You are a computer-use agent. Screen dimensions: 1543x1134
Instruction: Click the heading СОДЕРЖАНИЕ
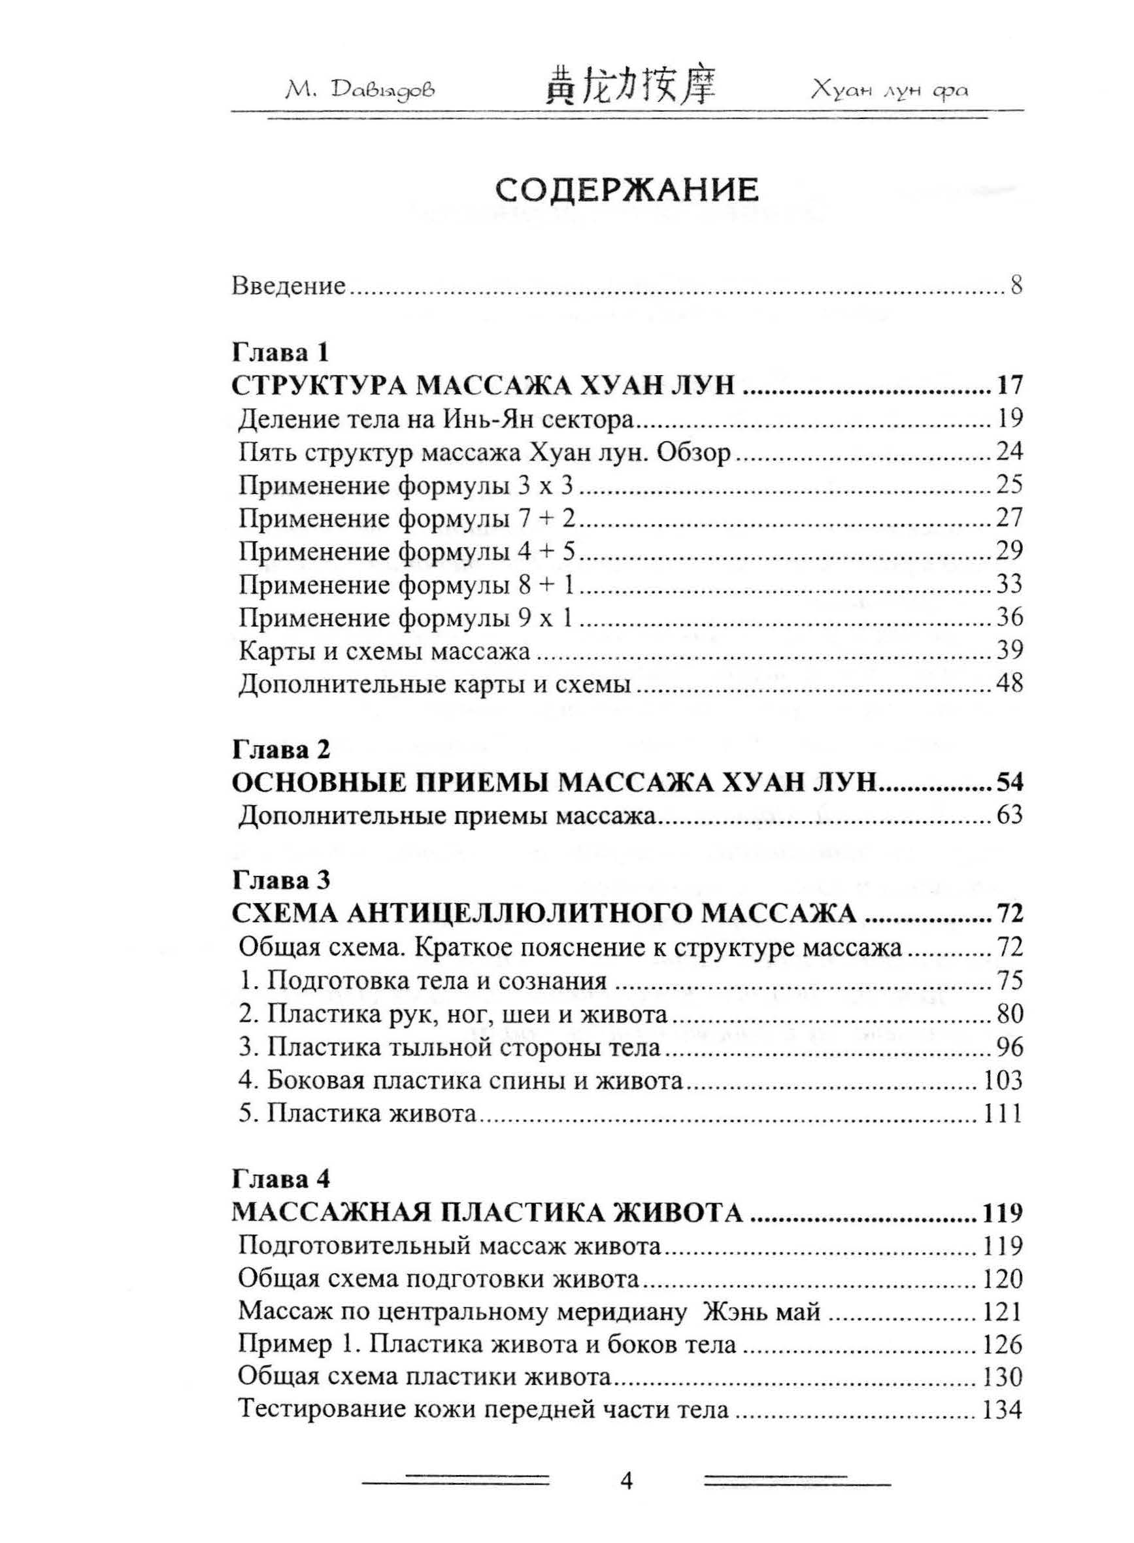627,191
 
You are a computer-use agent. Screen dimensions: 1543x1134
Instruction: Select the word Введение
288,285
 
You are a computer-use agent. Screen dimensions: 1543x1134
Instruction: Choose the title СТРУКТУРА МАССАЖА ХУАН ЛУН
483,386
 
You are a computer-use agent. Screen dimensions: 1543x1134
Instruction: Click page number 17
1009,386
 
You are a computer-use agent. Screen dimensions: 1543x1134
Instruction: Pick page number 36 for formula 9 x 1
1009,618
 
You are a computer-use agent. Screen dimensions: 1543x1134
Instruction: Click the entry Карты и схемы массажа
384,651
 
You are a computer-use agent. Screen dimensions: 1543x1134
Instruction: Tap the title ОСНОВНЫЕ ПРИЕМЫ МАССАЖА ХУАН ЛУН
555,782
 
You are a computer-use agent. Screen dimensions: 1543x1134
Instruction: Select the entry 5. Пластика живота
357,1114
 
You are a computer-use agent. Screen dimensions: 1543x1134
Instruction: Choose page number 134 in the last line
1003,1410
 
